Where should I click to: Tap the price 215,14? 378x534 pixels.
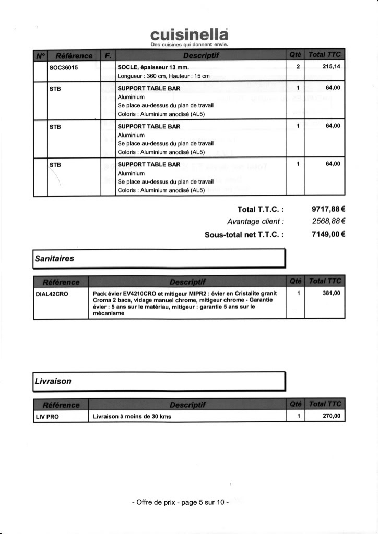pyautogui.click(x=331, y=67)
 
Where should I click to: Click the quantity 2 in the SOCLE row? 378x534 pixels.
pyautogui.click(x=298, y=67)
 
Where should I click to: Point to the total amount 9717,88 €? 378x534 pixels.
pyautogui.click(x=329, y=209)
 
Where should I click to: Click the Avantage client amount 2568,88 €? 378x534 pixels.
pyautogui.click(x=329, y=222)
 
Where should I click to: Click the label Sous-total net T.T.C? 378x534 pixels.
pyautogui.click(x=244, y=235)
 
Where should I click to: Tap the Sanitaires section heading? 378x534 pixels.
pyautogui.click(x=54, y=258)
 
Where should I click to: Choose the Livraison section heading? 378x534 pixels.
pyautogui.click(x=53, y=381)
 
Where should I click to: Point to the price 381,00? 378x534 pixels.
pyautogui.click(x=331, y=293)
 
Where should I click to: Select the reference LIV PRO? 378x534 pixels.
pyautogui.click(x=47, y=416)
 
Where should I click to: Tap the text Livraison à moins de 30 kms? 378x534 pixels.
pyautogui.click(x=132, y=416)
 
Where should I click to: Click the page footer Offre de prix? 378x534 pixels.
pyautogui.click(x=180, y=503)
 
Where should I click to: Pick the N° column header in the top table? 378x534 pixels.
pyautogui.click(x=40, y=55)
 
